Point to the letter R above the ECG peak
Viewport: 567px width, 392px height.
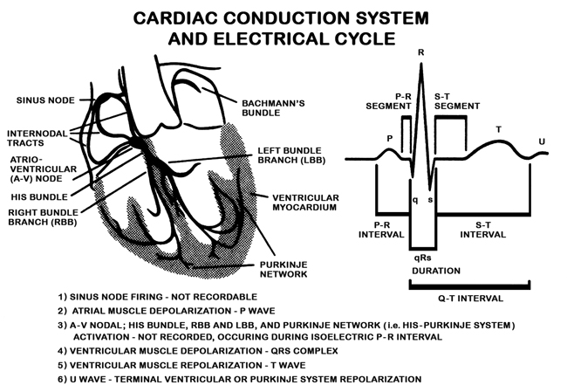pos(421,53)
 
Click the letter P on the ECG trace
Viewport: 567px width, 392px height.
pos(390,138)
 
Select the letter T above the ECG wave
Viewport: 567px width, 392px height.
pos(498,129)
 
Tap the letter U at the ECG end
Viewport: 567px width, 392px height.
pos(543,140)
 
